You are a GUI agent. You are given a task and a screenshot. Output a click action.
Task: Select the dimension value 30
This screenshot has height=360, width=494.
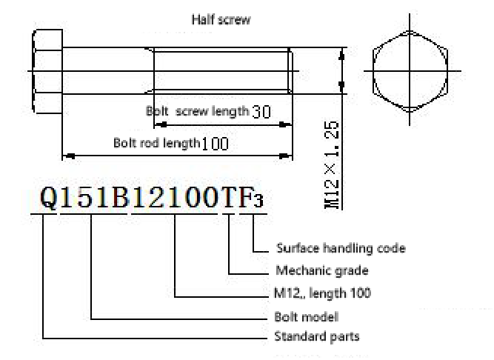[261, 112]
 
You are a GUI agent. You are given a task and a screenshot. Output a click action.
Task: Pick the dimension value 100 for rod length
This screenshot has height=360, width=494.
[215, 144]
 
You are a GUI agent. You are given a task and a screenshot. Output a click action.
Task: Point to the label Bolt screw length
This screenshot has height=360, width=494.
[197, 111]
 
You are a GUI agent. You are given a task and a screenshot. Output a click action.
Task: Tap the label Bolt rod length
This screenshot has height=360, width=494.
[156, 142]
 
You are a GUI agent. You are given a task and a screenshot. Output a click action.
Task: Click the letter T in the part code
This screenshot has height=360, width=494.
[230, 199]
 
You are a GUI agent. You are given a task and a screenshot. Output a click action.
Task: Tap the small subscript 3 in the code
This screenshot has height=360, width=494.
[259, 202]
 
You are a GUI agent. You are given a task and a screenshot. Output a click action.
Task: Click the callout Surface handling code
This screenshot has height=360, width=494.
[340, 248]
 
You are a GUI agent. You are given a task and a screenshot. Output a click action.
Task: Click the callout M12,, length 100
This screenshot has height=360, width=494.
[322, 293]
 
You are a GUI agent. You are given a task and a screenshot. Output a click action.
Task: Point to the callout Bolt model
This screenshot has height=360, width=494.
[306, 316]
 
